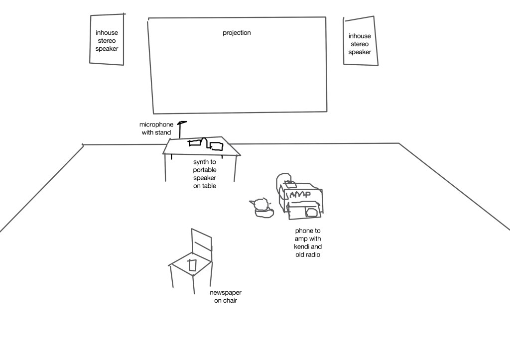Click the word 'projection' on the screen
pos(237,33)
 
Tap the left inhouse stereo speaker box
pos(107,40)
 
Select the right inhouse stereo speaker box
pos(359,42)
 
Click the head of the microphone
pos(183,122)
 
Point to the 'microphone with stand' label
pos(156,128)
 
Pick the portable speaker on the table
pos(217,146)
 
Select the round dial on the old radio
pos(312,213)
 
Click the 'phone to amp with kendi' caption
pos(308,242)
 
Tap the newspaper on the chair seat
pos(192,265)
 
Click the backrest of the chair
pos(202,244)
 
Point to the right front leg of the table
pos(235,169)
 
